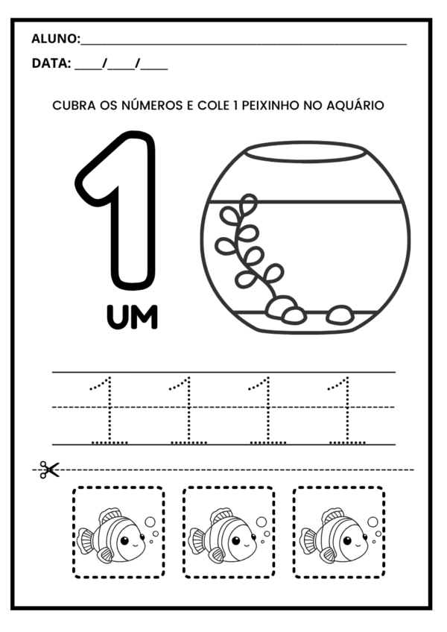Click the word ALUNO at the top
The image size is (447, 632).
click(x=54, y=39)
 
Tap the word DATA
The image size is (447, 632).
click(x=49, y=64)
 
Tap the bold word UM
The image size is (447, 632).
click(x=132, y=318)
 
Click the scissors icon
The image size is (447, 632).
click(x=49, y=470)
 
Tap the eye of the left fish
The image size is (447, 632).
click(x=125, y=540)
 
